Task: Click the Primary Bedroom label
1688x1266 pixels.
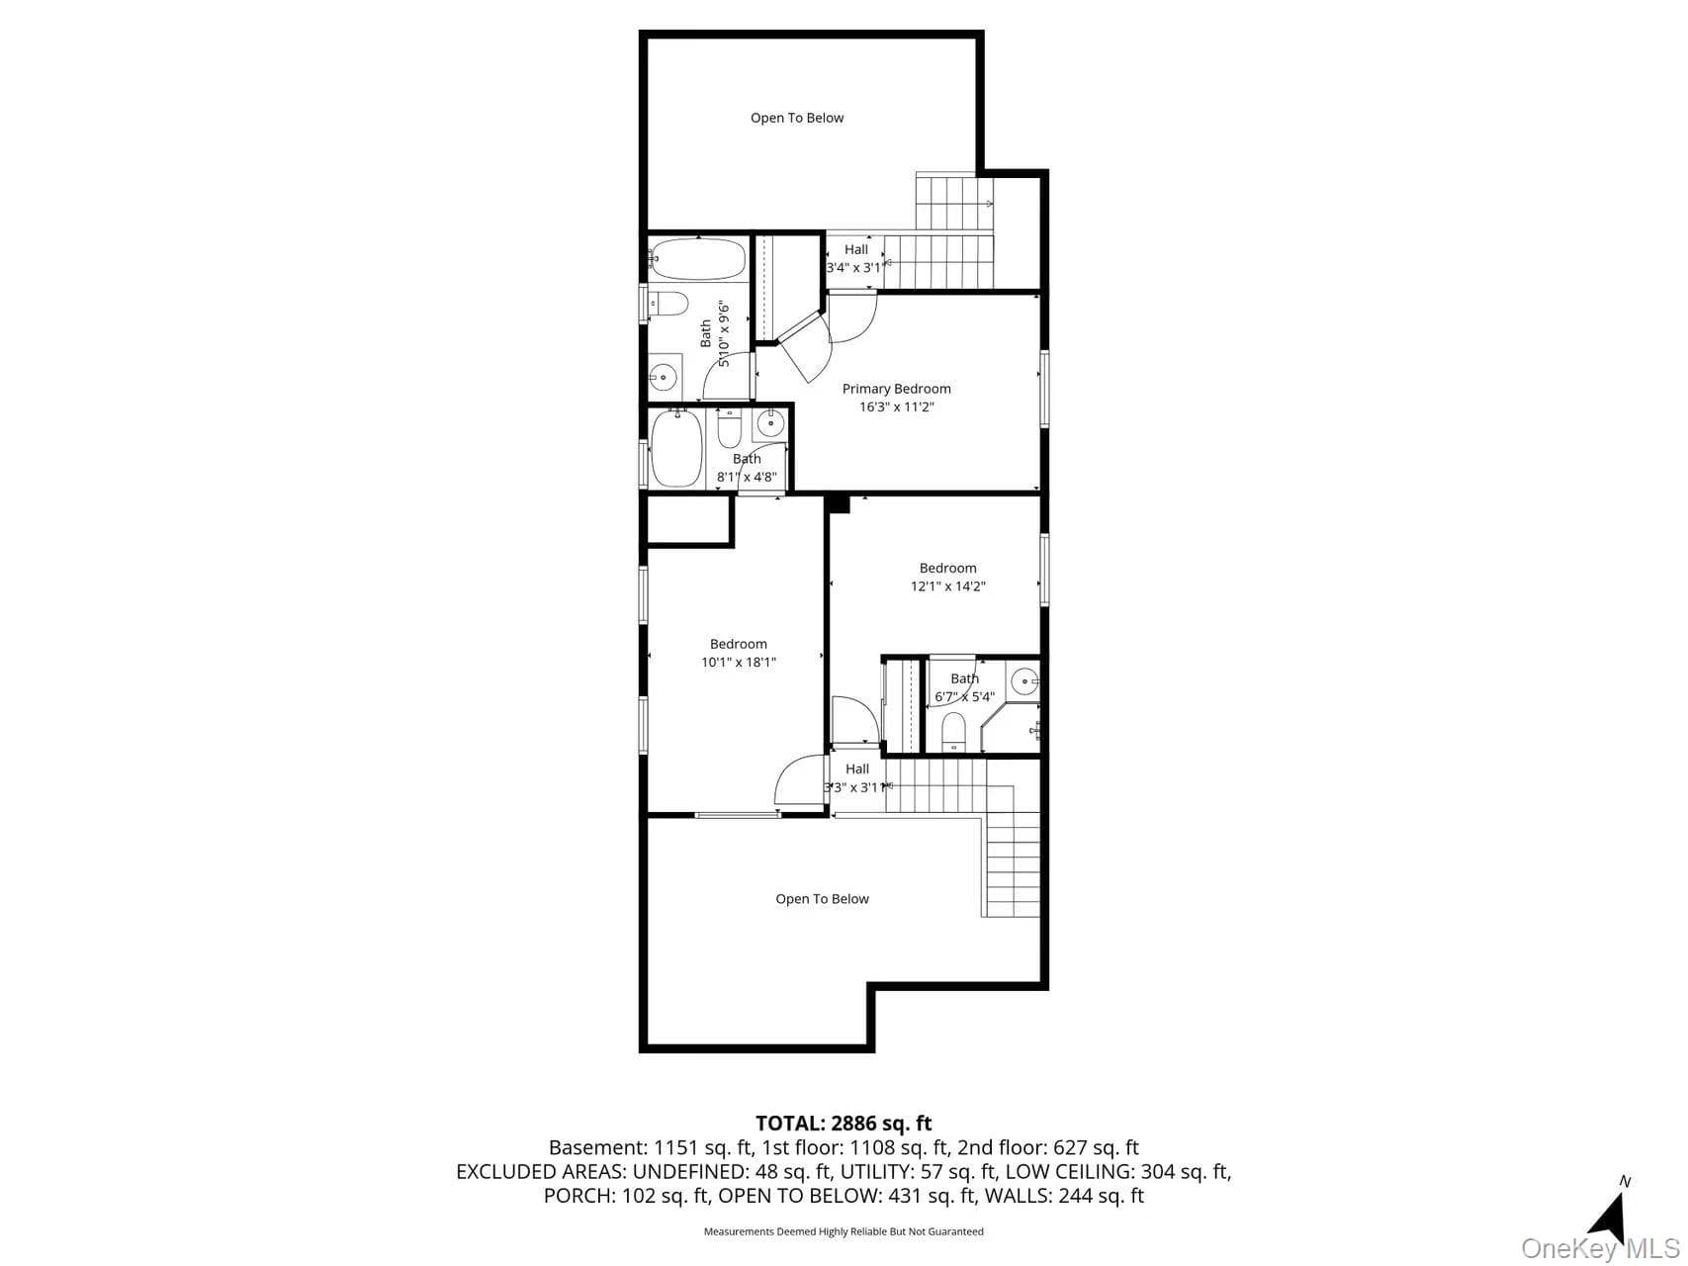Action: [896, 389]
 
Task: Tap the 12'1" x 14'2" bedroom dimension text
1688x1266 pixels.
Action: [947, 587]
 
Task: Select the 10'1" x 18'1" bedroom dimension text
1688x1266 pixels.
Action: [739, 663]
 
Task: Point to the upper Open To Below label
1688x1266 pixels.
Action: [797, 118]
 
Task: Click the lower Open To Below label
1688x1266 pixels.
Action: [822, 899]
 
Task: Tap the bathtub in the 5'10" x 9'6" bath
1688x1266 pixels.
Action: [697, 260]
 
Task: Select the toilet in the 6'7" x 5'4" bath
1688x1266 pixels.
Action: [953, 732]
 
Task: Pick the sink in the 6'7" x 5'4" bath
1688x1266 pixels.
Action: [1024, 680]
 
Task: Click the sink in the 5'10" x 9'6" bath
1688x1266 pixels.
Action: [665, 377]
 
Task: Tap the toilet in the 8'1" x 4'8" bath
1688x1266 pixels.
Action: [729, 428]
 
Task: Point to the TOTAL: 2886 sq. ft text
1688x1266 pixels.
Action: [844, 1124]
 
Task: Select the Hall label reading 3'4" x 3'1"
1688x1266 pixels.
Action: [856, 258]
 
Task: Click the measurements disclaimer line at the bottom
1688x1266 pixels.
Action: [844, 1232]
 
